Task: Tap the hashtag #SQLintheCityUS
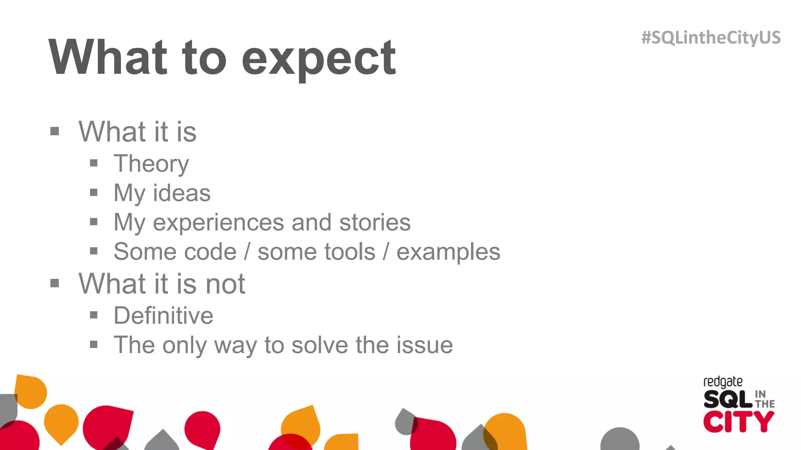711,38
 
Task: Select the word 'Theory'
151,164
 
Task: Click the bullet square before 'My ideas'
93,192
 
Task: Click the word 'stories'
375,222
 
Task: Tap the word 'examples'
448,252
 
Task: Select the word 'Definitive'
163,316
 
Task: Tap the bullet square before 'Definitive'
93,315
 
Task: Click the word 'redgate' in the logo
723,382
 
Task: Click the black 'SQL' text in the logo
727,399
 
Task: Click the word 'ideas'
181,193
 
